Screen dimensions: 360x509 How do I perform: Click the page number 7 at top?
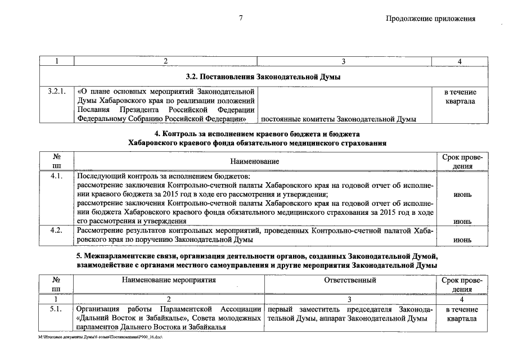tap(240, 18)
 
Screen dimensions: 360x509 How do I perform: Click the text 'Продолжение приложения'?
tap(430, 18)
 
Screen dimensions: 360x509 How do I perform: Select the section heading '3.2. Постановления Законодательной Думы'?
tap(263, 76)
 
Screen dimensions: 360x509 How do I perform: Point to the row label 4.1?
tap(56, 176)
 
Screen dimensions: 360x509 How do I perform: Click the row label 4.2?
tap(56, 230)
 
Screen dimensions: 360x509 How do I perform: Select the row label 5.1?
tap(56, 309)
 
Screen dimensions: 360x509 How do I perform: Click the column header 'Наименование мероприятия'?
tap(168, 280)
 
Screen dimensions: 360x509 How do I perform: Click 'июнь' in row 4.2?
tap(462, 240)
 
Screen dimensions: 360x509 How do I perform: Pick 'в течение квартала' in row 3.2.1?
tap(460, 96)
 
